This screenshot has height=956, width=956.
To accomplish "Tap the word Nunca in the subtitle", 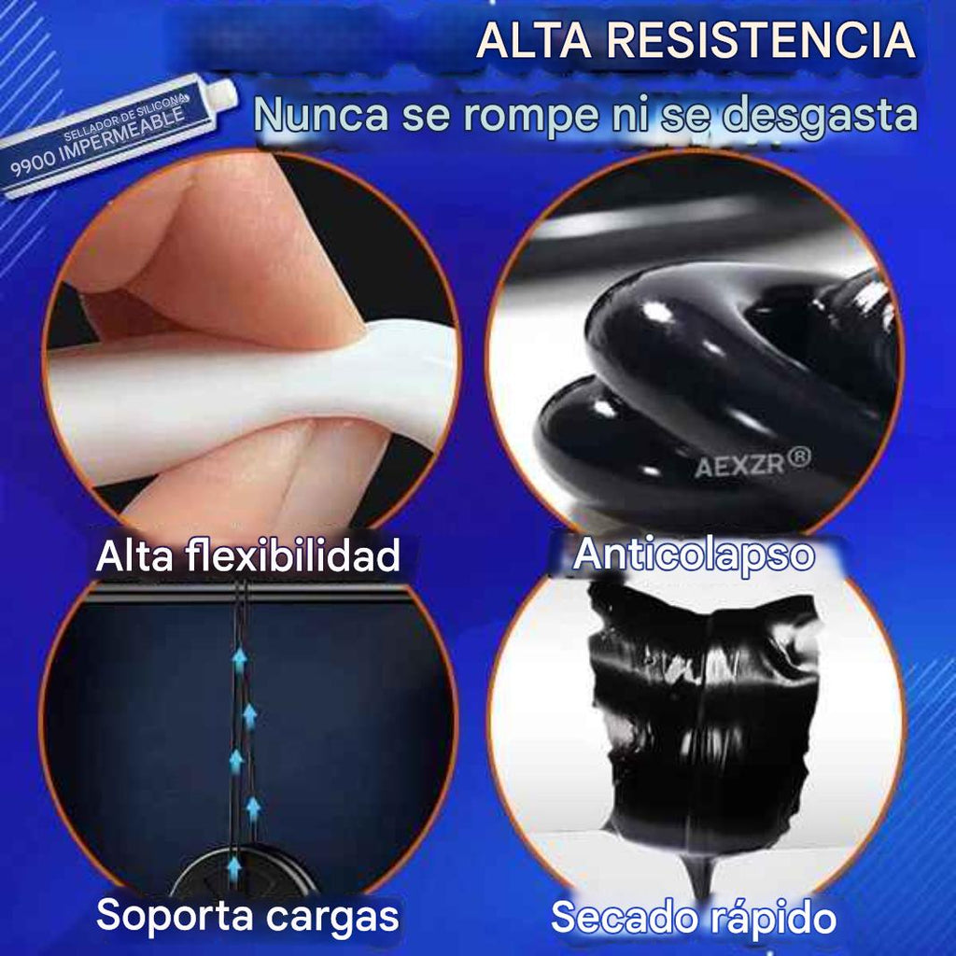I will coord(313,116).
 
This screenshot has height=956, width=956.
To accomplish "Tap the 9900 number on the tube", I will coord(35,169).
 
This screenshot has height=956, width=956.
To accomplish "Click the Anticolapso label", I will coord(694,554).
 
